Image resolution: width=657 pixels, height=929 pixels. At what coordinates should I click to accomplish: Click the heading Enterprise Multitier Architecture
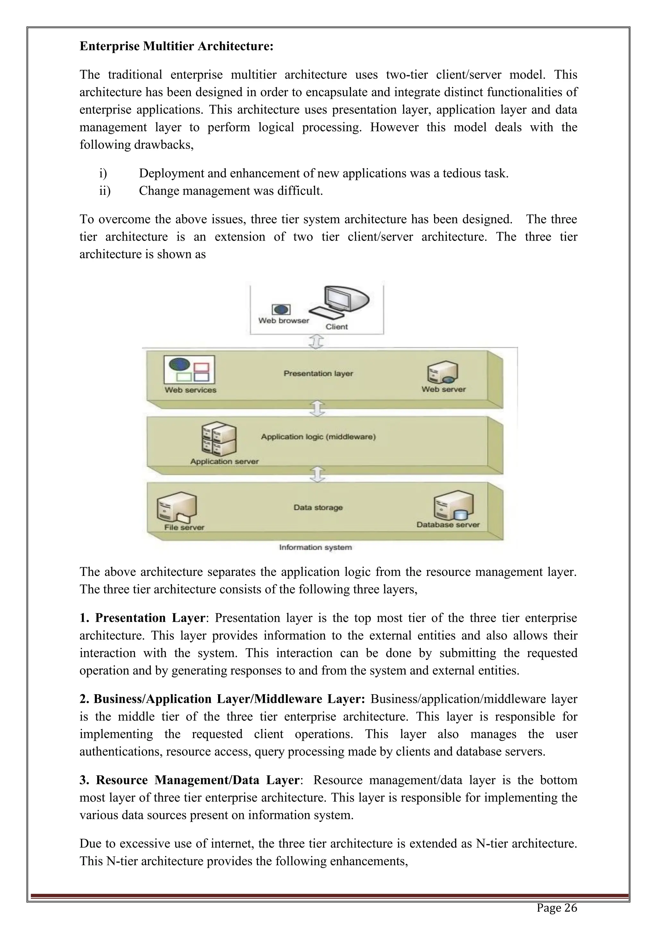(x=176, y=47)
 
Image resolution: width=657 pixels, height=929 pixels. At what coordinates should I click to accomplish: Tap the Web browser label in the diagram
(x=284, y=320)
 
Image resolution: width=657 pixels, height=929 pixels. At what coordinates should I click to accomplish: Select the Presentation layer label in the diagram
(x=318, y=373)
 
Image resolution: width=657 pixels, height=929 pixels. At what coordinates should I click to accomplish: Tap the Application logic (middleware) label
(x=318, y=437)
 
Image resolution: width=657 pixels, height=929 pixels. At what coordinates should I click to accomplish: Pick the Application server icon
(x=219, y=439)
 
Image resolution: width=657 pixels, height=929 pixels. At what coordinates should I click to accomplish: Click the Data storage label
(x=318, y=507)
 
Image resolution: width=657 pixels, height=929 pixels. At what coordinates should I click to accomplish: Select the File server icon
(x=177, y=508)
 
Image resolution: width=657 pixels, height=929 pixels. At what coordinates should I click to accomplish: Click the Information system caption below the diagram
(x=316, y=548)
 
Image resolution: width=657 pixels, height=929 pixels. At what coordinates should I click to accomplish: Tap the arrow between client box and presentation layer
(x=316, y=341)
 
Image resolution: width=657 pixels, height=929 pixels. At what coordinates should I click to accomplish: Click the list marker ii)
(x=105, y=191)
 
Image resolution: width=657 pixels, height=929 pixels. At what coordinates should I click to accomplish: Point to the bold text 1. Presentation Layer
(x=142, y=618)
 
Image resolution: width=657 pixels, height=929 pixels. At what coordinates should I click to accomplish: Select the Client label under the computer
(x=337, y=327)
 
